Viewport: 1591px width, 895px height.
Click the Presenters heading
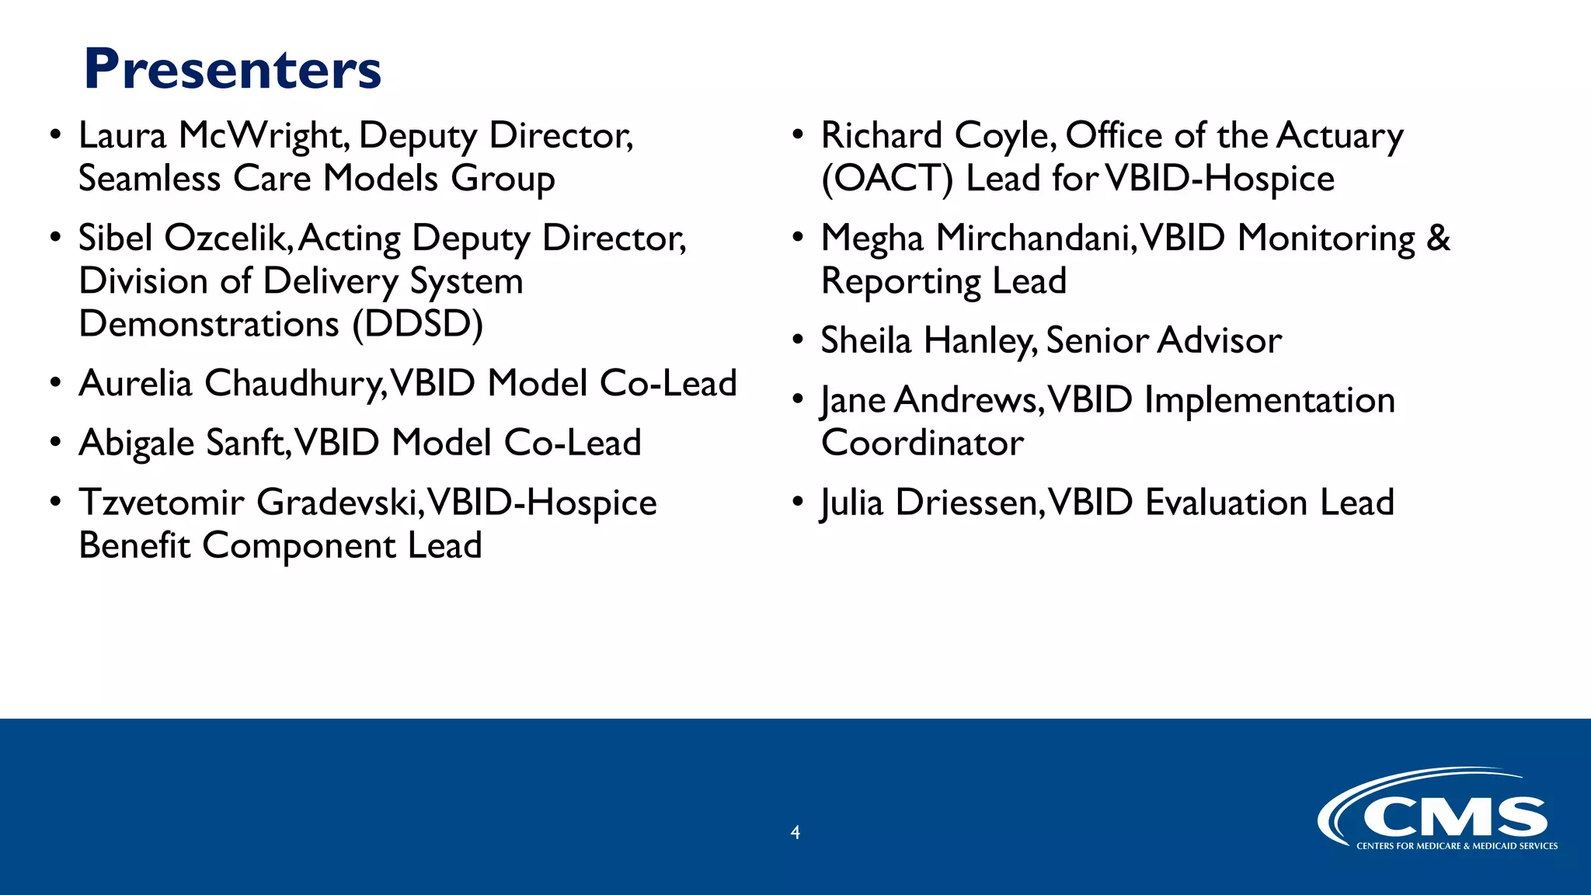pyautogui.click(x=232, y=70)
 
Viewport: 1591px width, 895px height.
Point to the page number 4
pyautogui.click(x=795, y=833)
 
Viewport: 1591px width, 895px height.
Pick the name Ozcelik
pyautogui.click(x=228, y=239)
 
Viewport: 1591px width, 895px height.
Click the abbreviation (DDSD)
pyautogui.click(x=417, y=324)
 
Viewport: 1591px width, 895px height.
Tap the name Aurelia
pyautogui.click(x=135, y=384)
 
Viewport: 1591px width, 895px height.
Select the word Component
pyautogui.click(x=299, y=546)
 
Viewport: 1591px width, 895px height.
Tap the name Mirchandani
pyautogui.click(x=1036, y=239)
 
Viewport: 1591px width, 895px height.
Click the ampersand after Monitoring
pyautogui.click(x=1438, y=239)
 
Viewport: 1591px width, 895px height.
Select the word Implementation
pyautogui.click(x=1269, y=401)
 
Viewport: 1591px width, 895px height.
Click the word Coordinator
pyautogui.click(x=922, y=444)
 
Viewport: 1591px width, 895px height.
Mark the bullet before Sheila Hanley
pyautogui.click(x=797, y=340)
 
